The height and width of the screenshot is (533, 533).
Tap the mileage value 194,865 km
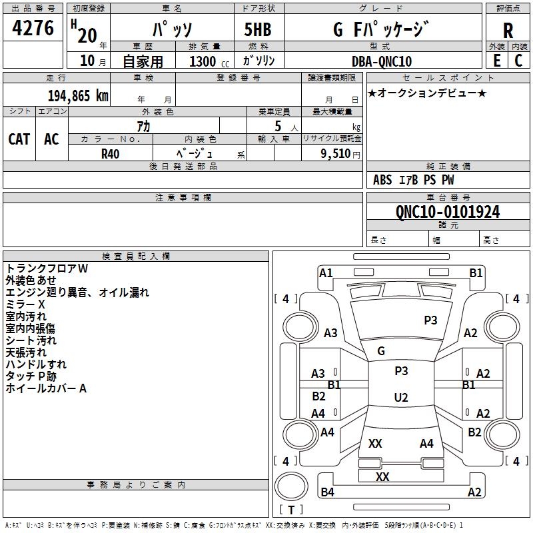78,95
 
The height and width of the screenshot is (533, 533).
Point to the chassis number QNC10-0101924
448,212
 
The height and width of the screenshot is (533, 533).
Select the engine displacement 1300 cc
203,61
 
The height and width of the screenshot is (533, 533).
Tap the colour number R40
111,153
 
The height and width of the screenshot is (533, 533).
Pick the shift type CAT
19,139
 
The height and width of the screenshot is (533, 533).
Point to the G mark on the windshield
381,350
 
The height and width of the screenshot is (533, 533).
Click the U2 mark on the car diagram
400,398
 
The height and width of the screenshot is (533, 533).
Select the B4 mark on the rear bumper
327,492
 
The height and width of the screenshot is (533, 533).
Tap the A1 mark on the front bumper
326,272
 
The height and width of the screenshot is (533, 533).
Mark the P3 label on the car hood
430,320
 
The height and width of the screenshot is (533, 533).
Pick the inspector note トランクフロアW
47,268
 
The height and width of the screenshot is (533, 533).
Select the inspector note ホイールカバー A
46,388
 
